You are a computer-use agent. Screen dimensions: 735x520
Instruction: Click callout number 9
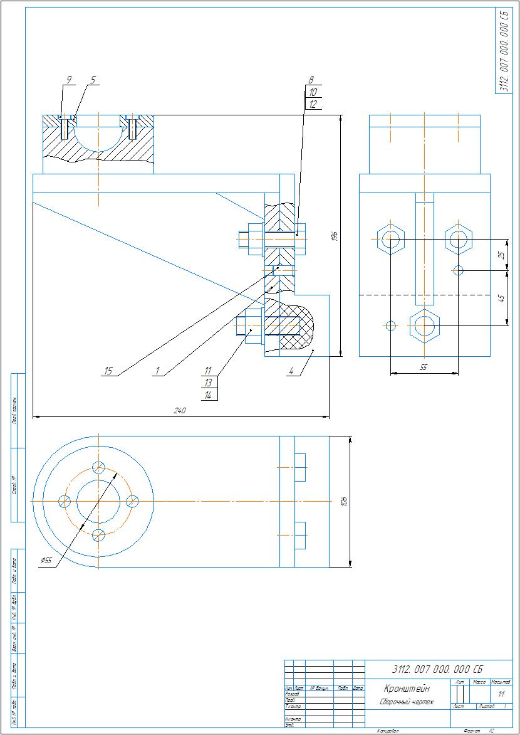pyautogui.click(x=69, y=80)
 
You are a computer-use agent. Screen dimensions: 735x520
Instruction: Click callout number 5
pyautogui.click(x=93, y=80)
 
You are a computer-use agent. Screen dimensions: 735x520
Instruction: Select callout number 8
pyautogui.click(x=310, y=80)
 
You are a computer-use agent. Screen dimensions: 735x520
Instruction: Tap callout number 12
pyautogui.click(x=313, y=104)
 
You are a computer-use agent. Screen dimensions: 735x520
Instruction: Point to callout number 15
pyautogui.click(x=108, y=371)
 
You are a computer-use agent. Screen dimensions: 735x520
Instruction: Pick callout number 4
pyautogui.click(x=291, y=371)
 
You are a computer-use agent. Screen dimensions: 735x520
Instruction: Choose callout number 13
pyautogui.click(x=209, y=383)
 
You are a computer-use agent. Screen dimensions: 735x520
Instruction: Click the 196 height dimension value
pyautogui.click(x=335, y=236)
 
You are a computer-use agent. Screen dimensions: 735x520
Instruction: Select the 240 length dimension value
pyautogui.click(x=180, y=411)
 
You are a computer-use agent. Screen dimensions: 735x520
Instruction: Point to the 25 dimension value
pyautogui.click(x=501, y=255)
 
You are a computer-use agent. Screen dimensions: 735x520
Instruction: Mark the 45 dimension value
pyautogui.click(x=501, y=298)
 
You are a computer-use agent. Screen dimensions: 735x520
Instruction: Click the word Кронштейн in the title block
pyautogui.click(x=407, y=689)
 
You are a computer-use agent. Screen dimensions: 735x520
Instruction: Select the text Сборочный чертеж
pyautogui.click(x=407, y=702)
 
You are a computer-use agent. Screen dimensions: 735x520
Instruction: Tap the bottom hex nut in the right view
pyautogui.click(x=424, y=325)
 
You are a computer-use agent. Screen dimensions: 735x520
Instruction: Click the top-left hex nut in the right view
pyautogui.click(x=390, y=239)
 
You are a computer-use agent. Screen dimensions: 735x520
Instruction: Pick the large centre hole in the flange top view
pyautogui.click(x=98, y=501)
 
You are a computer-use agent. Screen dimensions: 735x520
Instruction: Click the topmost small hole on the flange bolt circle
pyautogui.click(x=98, y=467)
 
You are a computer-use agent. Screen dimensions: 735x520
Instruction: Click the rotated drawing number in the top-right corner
pyautogui.click(x=503, y=51)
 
